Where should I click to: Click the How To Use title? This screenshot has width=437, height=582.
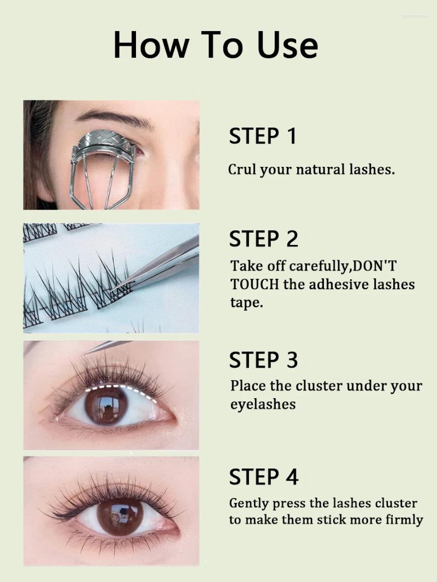(216, 45)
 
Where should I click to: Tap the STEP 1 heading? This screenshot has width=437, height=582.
(263, 136)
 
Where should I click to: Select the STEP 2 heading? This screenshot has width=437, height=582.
(264, 239)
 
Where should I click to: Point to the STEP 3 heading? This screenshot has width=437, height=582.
(264, 360)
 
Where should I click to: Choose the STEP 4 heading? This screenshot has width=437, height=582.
(264, 477)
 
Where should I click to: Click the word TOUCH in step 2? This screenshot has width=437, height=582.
(255, 284)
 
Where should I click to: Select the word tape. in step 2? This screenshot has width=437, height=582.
(246, 303)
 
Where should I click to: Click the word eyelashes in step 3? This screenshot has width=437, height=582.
(263, 404)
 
